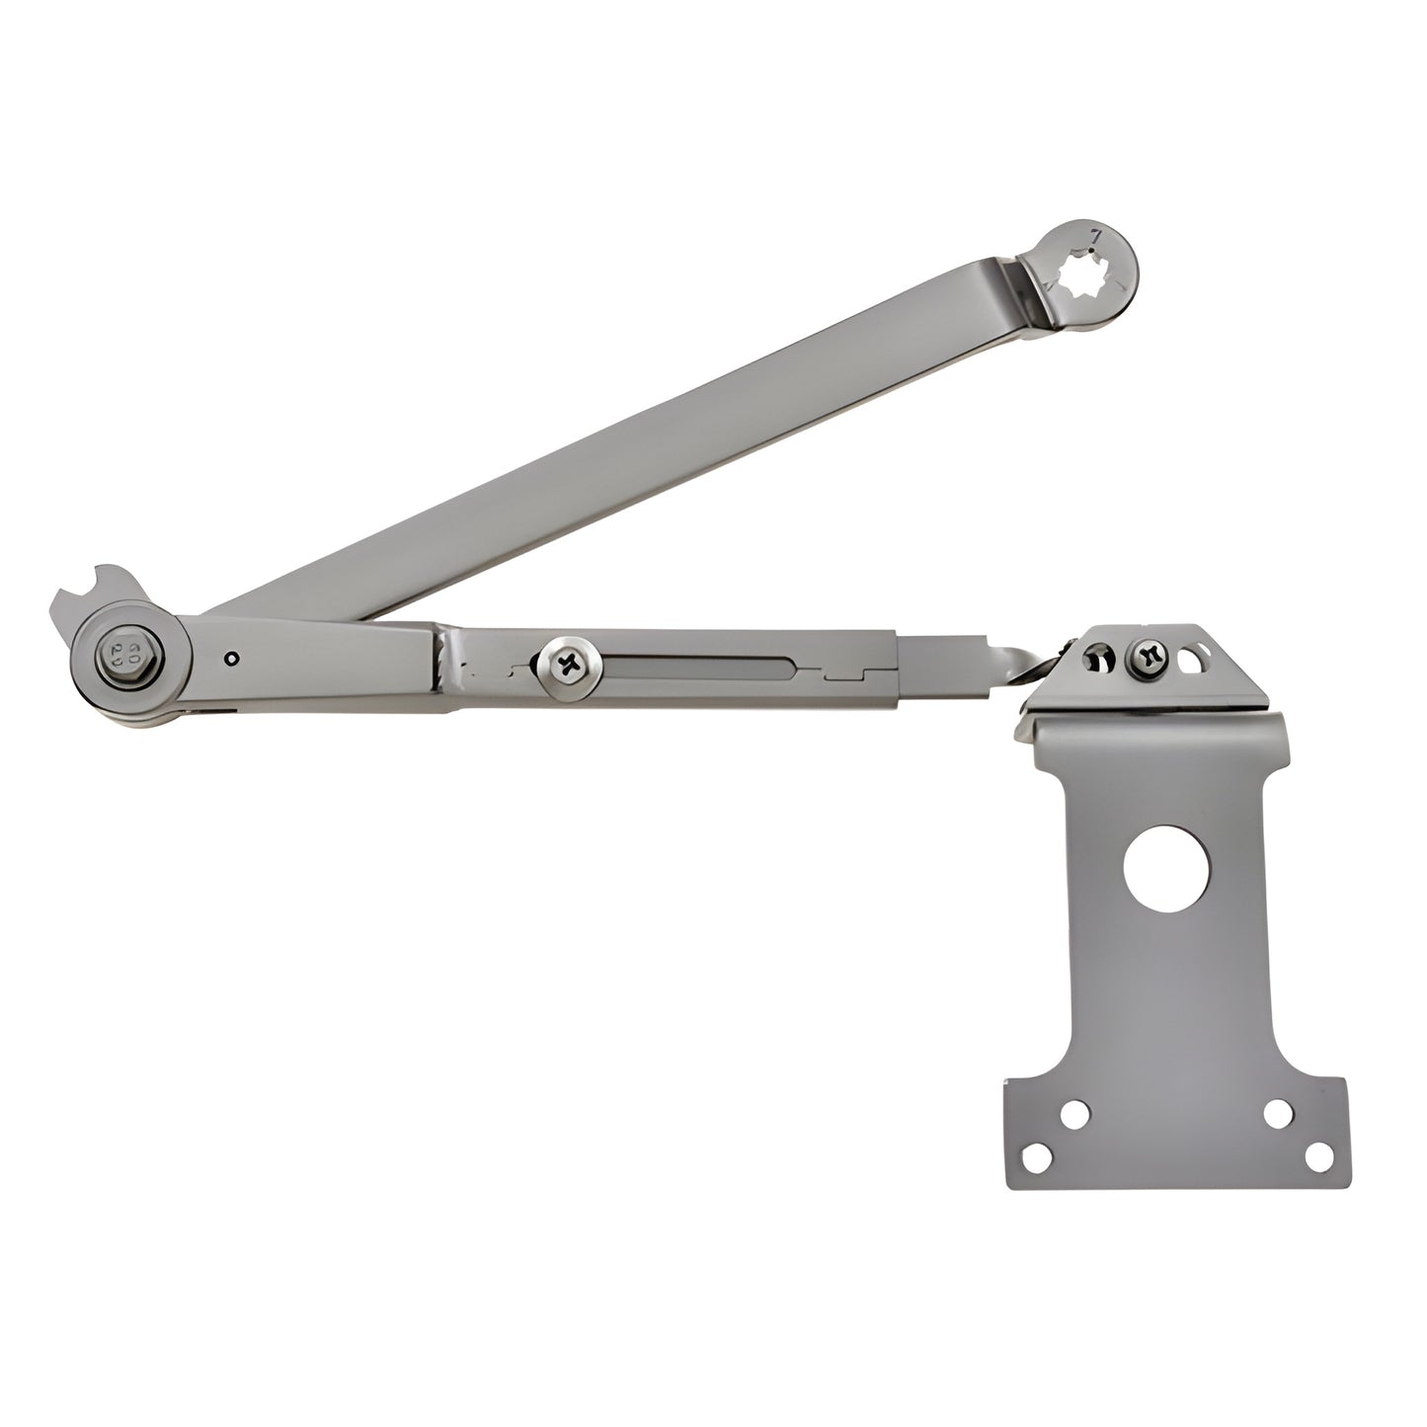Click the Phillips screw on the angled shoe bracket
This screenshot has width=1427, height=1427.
(x=1148, y=653)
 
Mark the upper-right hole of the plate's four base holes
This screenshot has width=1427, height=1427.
(x=1277, y=1113)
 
